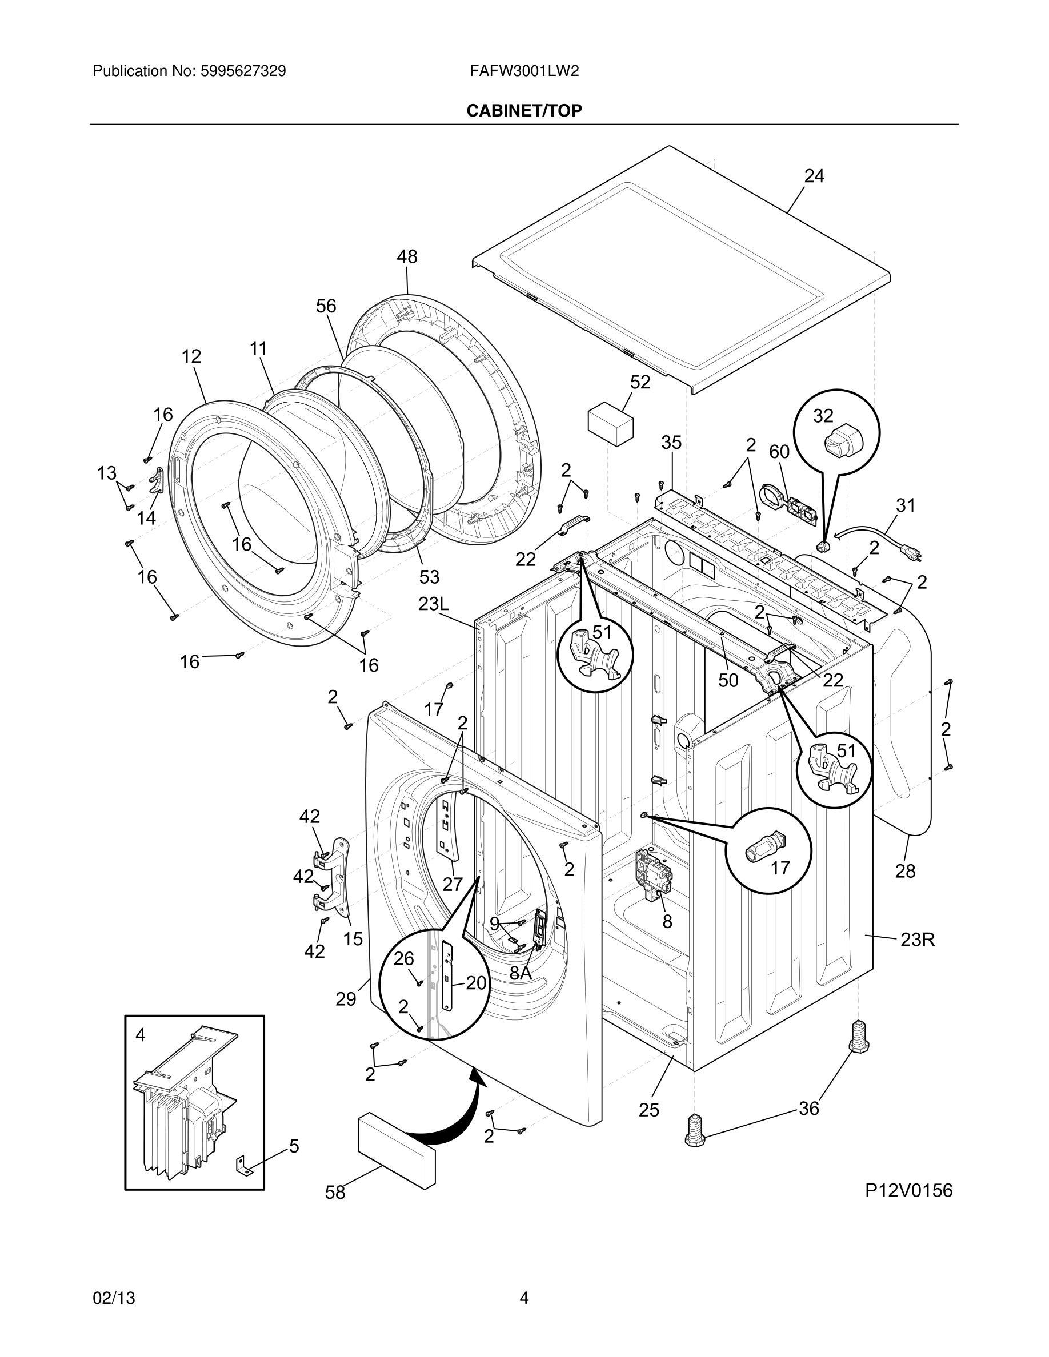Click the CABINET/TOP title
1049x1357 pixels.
tap(524, 111)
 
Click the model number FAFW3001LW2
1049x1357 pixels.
tap(524, 71)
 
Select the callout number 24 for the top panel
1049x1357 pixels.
tap(814, 176)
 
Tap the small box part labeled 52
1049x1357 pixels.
tap(610, 423)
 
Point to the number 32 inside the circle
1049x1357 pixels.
tap(823, 416)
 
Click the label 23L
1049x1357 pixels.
tap(433, 603)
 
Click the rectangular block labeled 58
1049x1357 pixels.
tap(395, 1151)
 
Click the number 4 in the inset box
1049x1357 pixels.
tap(141, 1035)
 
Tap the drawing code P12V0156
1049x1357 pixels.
tap(908, 1190)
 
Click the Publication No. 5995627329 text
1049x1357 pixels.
tap(190, 71)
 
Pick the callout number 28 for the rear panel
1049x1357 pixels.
tap(905, 871)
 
